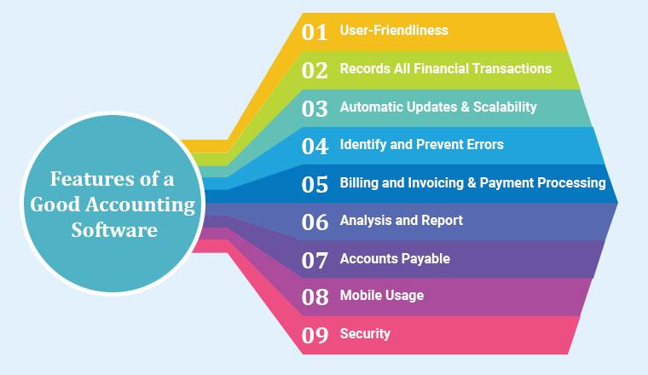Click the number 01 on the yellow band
(x=315, y=32)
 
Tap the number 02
(x=315, y=70)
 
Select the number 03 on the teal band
(x=315, y=108)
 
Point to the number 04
(x=315, y=147)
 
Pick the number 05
(x=315, y=185)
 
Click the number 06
(x=315, y=222)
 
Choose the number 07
(x=315, y=261)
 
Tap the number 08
(x=315, y=297)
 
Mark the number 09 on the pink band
(x=315, y=335)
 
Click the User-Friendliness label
(x=394, y=30)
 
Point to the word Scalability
(x=505, y=107)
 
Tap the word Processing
(x=572, y=182)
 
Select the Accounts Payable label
(x=395, y=258)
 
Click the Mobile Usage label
(x=382, y=295)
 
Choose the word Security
(x=365, y=334)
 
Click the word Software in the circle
(x=114, y=229)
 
